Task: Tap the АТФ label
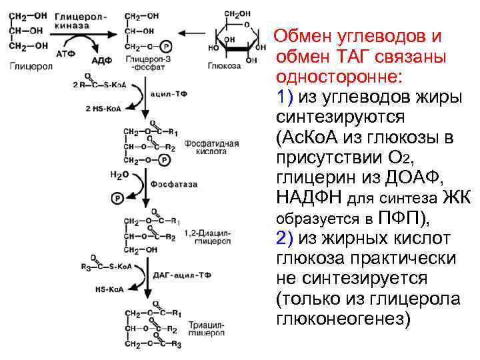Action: [66, 53]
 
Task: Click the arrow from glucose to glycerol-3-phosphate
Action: [197, 31]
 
